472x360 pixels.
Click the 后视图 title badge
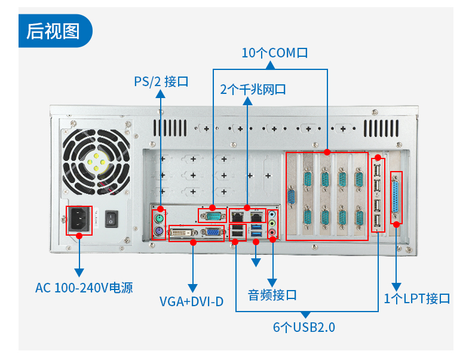(x=54, y=30)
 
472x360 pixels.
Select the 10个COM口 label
(x=274, y=53)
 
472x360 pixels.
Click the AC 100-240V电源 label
(x=84, y=288)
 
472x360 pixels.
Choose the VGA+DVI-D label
(x=191, y=301)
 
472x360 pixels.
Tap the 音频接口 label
(x=272, y=295)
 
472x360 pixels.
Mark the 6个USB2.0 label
(x=304, y=327)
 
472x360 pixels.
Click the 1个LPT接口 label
(x=416, y=298)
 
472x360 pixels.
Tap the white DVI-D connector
(x=183, y=233)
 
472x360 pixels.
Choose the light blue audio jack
(x=273, y=214)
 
